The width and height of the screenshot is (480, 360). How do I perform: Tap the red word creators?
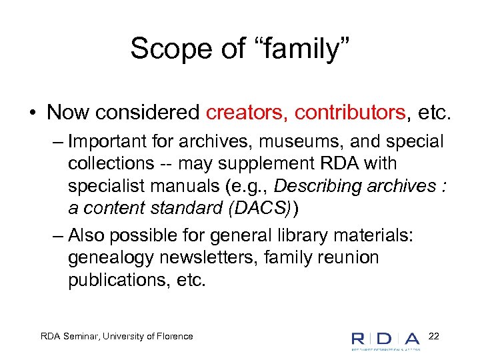coord(245,112)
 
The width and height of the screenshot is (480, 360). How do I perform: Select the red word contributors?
coord(347,112)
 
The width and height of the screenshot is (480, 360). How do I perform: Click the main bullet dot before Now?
coord(31,113)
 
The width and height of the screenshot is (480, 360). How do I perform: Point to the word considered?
coord(159,112)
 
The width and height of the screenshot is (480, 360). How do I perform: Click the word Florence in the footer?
coord(172,336)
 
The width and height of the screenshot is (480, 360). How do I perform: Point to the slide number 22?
coord(433,335)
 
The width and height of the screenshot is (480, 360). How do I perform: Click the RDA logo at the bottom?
coord(386,339)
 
